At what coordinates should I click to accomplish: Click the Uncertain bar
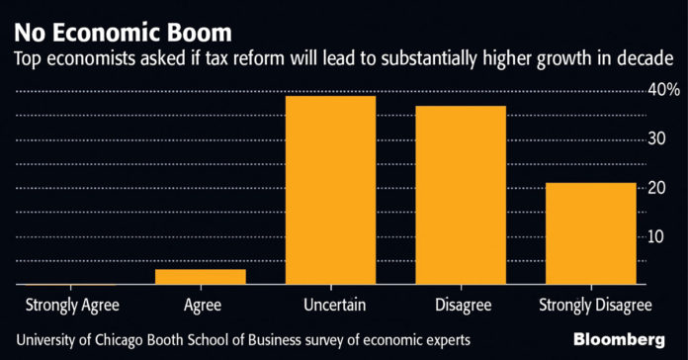331,190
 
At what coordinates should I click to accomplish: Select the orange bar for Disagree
461,195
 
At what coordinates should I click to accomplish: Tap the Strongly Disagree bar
591,233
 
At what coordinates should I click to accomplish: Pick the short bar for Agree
201,277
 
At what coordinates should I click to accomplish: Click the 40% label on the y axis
664,90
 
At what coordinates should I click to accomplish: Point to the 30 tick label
656,138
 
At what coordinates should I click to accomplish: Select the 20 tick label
656,188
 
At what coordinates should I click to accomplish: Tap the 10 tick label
656,236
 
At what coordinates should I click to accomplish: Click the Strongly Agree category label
72,306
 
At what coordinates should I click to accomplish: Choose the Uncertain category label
334,305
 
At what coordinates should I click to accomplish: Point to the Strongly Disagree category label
595,306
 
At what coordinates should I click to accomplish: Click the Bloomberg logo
619,340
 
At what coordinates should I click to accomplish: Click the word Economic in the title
109,33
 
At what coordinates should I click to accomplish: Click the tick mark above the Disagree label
462,287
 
